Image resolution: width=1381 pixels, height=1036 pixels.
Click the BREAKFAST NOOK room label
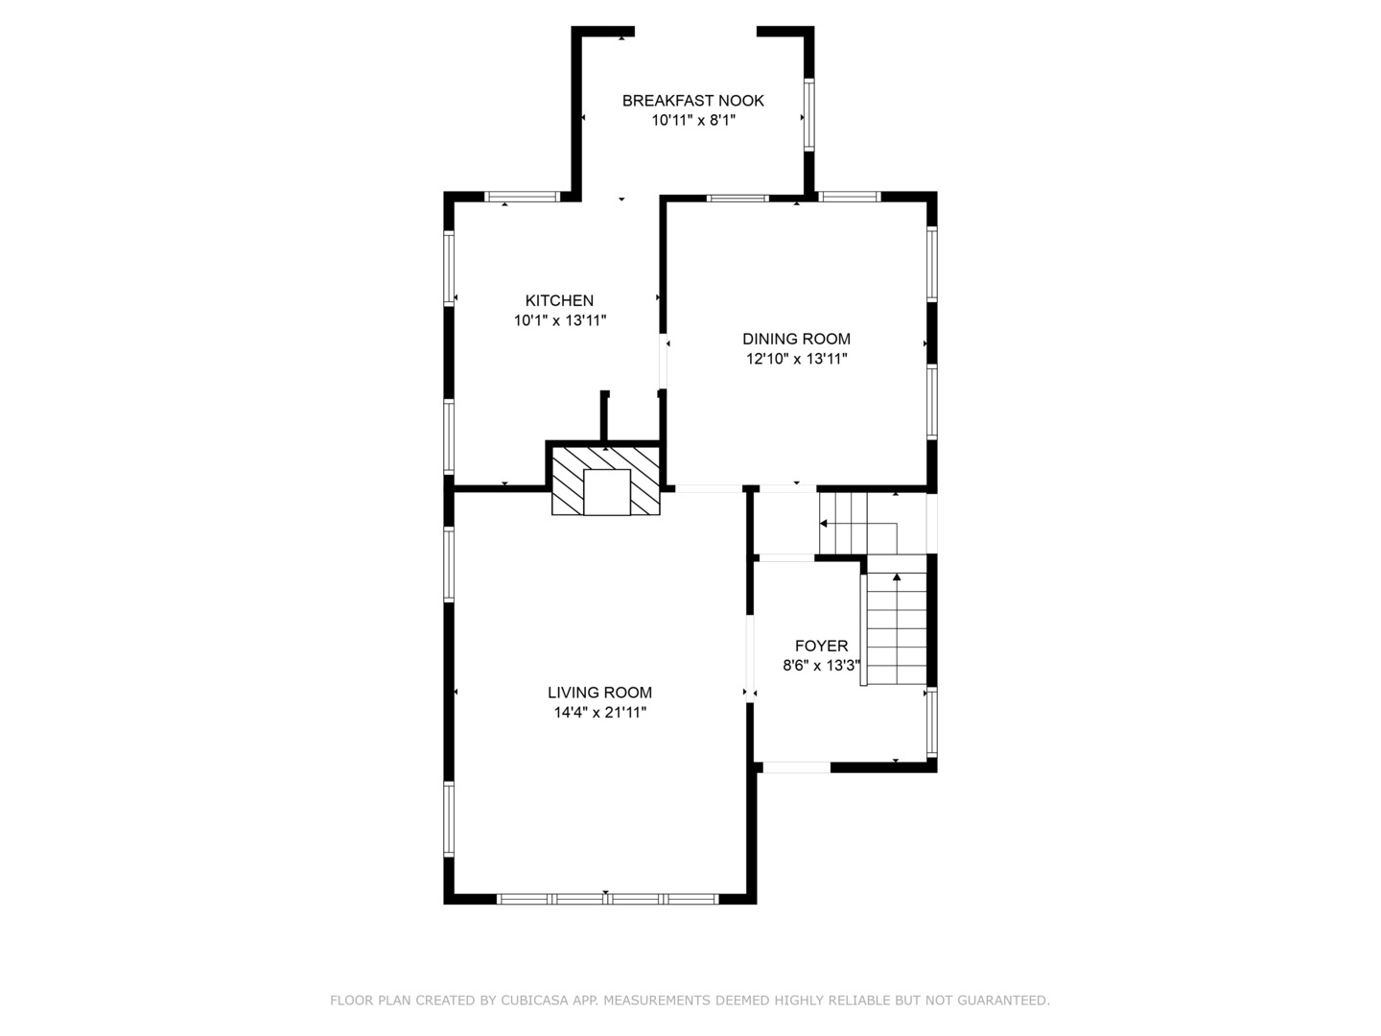coord(692,101)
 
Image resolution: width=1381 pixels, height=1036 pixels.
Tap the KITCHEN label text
coord(559,300)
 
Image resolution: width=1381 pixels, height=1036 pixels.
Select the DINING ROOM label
coord(797,339)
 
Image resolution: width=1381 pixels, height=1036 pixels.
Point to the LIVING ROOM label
coord(599,693)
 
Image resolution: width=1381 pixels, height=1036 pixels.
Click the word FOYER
coord(821,646)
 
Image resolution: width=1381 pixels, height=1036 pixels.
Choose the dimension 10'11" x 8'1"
coord(693,120)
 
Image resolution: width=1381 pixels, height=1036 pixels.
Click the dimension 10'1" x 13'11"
coord(560,320)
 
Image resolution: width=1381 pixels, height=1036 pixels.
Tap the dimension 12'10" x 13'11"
coord(797,359)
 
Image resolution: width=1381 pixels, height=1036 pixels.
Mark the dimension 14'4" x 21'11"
coord(600,713)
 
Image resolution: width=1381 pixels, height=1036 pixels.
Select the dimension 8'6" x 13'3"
coord(821,666)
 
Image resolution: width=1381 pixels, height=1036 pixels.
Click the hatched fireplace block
coord(606,482)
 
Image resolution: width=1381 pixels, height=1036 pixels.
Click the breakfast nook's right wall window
coord(809,115)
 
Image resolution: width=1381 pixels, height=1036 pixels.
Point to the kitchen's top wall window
coord(522,197)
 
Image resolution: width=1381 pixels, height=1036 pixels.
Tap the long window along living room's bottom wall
coord(607,899)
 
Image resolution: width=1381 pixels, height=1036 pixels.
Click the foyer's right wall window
coord(932,722)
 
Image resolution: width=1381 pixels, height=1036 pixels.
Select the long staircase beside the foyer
coord(897,628)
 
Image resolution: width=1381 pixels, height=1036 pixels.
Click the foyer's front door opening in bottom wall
coord(797,768)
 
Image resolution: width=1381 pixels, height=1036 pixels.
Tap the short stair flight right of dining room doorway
coord(857,524)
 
